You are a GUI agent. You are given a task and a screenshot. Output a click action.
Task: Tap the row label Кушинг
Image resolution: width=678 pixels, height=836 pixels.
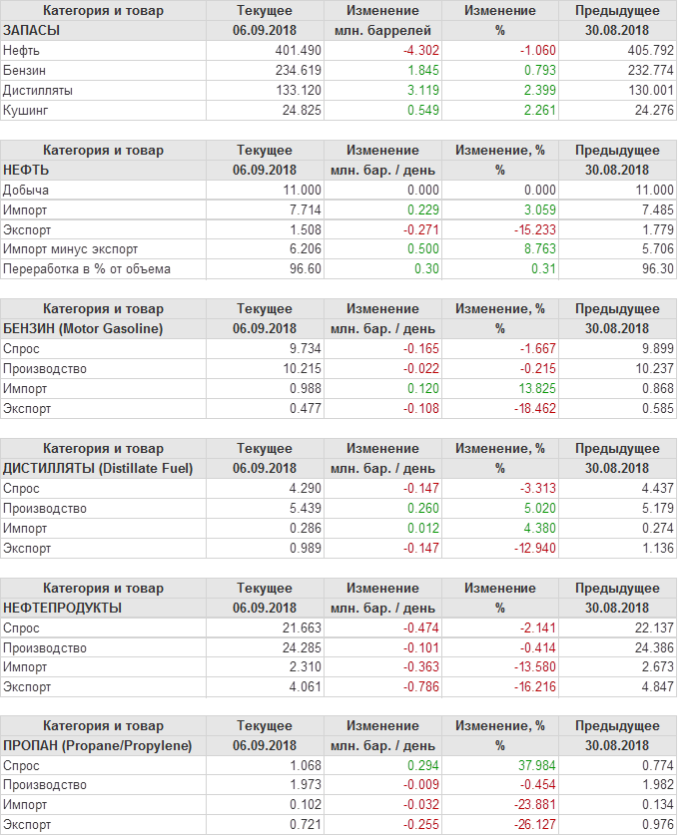click(x=26, y=110)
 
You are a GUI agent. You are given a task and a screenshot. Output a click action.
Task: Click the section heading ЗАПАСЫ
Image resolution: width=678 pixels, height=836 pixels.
click(x=32, y=30)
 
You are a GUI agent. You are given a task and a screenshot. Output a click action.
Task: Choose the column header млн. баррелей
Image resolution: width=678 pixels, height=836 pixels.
click(x=383, y=30)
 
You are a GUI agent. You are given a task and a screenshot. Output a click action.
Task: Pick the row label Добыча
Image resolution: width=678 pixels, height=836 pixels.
click(x=26, y=190)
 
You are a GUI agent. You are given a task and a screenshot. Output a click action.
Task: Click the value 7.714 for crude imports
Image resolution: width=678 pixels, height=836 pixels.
click(x=303, y=209)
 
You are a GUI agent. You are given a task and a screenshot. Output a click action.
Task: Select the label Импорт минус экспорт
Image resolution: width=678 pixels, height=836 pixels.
click(x=71, y=249)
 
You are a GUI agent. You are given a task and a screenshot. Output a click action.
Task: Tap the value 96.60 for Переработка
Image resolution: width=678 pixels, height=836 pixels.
click(x=305, y=269)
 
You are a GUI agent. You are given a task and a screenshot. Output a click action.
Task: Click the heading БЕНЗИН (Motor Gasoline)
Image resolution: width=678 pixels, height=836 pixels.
click(x=84, y=328)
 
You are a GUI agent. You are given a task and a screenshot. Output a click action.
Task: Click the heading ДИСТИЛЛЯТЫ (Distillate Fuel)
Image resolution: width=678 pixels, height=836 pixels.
click(x=99, y=468)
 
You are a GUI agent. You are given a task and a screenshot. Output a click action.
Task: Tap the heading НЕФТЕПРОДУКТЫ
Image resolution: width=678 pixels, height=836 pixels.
click(x=63, y=608)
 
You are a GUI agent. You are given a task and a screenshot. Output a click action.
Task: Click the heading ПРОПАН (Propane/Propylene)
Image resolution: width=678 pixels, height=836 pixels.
click(x=98, y=745)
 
